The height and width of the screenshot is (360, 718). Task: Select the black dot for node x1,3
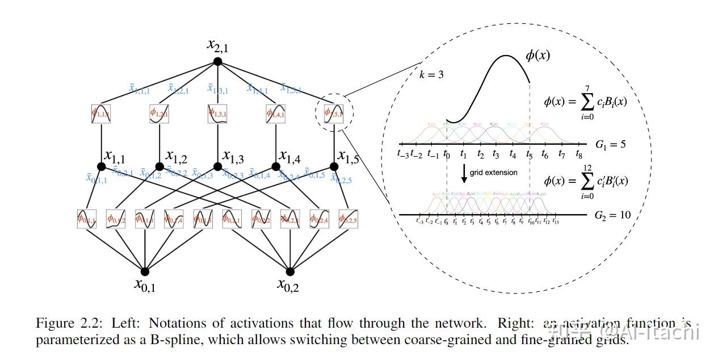[217, 166]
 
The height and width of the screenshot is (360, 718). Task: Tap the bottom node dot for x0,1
[145, 271]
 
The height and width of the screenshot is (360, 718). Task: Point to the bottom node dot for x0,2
[290, 271]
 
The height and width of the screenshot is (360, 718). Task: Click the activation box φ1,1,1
[101, 113]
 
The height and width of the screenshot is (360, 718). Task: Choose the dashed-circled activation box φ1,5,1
[334, 113]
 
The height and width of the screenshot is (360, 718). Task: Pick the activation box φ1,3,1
[217, 113]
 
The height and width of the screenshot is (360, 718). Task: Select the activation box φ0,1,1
[87, 219]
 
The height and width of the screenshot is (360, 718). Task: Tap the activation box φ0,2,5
[348, 219]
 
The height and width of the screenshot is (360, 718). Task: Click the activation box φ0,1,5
[203, 219]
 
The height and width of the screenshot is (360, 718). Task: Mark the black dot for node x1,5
[334, 166]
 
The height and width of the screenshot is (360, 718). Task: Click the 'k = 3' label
[431, 74]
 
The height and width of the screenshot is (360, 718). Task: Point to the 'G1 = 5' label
[610, 144]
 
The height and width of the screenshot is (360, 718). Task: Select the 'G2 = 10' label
[612, 215]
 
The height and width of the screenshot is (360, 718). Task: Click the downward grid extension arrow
[464, 173]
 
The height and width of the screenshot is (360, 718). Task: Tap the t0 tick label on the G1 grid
[447, 153]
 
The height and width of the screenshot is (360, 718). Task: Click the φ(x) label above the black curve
[538, 56]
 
